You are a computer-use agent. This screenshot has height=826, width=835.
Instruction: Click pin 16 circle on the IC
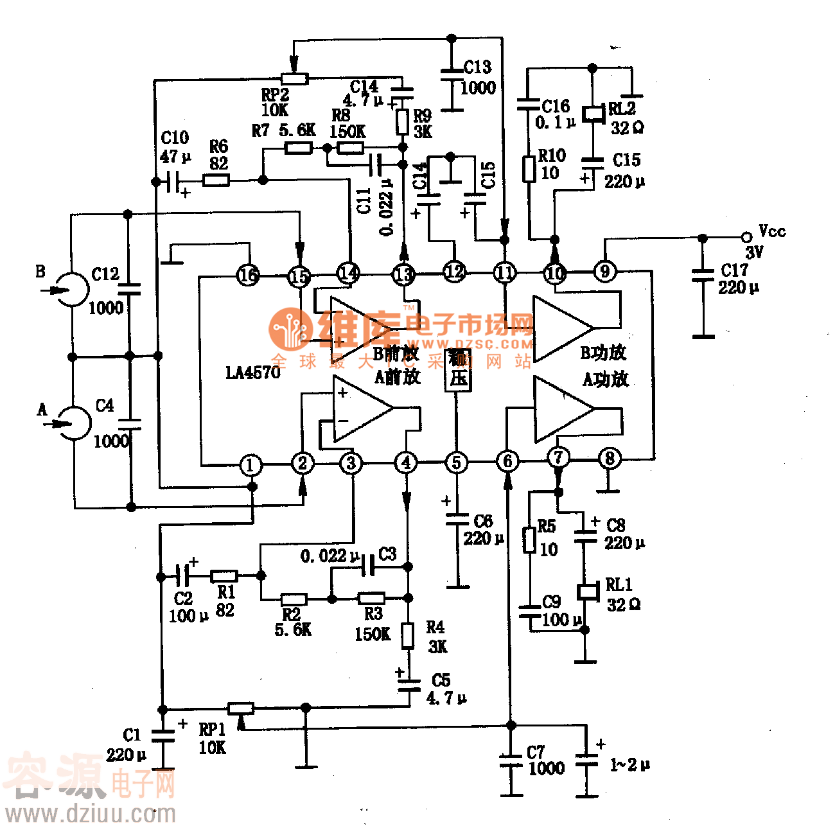(248, 276)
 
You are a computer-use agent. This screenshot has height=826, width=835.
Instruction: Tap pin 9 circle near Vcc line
(604, 271)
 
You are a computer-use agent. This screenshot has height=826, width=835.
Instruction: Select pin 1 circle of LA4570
(251, 464)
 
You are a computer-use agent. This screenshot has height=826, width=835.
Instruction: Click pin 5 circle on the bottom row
(456, 462)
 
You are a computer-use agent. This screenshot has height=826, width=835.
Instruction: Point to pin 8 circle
(610, 459)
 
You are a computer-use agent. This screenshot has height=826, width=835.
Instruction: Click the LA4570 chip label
(253, 373)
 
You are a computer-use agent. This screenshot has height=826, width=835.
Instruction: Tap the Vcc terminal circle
(746, 237)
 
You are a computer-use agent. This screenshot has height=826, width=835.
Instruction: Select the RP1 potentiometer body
(242, 709)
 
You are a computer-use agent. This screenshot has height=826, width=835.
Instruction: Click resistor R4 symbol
(408, 635)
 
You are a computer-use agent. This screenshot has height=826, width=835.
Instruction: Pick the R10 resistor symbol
(529, 169)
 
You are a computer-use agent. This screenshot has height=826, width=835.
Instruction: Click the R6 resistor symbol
(216, 180)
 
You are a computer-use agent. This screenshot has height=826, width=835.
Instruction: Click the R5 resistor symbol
(529, 540)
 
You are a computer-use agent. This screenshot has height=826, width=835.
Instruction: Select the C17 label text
(734, 270)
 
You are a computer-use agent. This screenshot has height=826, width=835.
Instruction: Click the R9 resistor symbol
(403, 122)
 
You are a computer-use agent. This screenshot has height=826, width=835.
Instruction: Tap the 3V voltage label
(754, 252)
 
